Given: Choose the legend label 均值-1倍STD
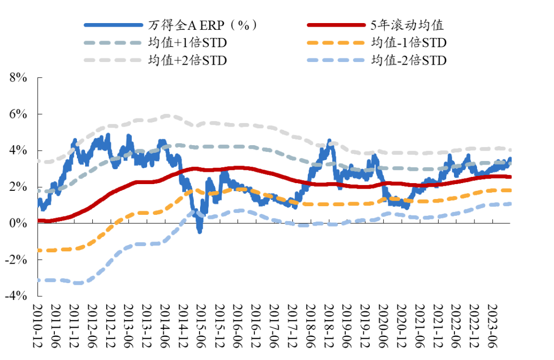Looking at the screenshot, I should pos(409,42).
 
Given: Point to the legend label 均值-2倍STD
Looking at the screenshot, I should pos(409,60).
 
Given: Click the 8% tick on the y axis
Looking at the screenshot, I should pos(17,77).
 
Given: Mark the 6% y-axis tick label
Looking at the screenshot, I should pos(17,114).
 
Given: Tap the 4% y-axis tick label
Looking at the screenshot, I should pos(17,150).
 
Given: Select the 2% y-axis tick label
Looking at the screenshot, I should pos(17,187).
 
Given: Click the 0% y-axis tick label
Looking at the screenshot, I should pos(17,223).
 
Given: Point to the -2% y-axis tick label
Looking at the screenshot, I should pos(15,259).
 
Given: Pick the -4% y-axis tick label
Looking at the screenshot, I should pos(15,296).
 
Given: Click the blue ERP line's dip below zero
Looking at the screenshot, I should pos(200,230).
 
